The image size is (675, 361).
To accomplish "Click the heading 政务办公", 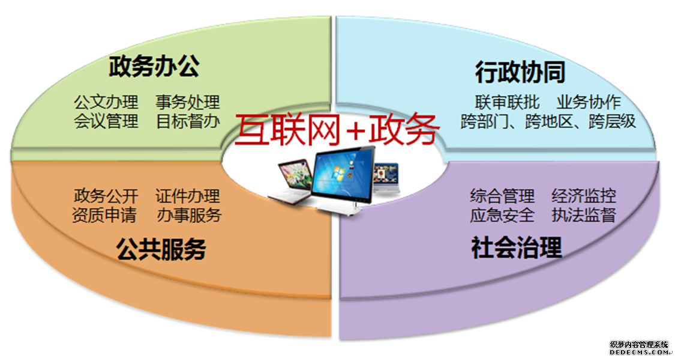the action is [154, 66].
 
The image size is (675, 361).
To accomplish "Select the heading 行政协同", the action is [520, 72].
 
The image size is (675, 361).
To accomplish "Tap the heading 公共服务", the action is [161, 249].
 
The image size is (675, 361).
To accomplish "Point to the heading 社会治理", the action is [517, 247].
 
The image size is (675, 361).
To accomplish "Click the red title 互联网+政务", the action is [337, 129].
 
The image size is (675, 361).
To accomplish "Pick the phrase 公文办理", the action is [106, 103].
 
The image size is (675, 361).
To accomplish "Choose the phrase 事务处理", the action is [188, 103].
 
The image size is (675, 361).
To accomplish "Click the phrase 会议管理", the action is [106, 121].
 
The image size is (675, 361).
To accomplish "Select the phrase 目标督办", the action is [188, 121].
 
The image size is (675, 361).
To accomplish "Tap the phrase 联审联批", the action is [507, 103].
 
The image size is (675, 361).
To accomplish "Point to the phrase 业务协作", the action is [589, 103].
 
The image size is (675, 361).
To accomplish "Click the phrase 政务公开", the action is [106, 196].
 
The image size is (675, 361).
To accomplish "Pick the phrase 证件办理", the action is [188, 196].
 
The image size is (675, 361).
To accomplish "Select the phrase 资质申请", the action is [104, 215].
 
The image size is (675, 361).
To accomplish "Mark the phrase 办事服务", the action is [189, 215].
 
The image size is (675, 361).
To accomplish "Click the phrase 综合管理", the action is [502, 196].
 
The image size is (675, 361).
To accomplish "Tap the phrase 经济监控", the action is [584, 196].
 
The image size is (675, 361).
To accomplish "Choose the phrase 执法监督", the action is [584, 215].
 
